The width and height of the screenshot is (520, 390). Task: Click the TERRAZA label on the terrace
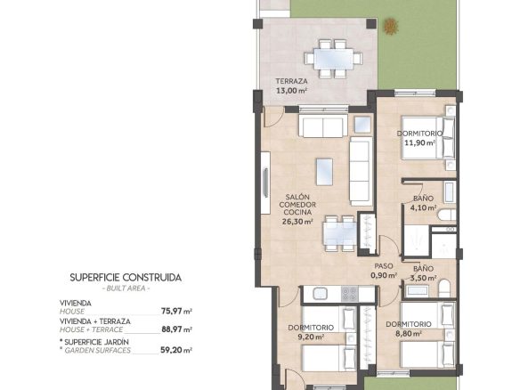click(291, 81)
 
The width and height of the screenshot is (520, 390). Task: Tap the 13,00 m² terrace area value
click(291, 90)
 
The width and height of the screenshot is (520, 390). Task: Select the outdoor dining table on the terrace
click(334, 59)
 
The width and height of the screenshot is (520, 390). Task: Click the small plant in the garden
click(391, 26)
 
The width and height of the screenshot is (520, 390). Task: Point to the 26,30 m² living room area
click(297, 222)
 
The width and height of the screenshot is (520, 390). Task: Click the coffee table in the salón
click(324, 172)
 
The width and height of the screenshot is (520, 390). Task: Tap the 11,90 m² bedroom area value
click(420, 143)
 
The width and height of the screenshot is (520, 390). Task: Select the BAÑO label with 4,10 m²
click(423, 199)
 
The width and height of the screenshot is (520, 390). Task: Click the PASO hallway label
click(384, 266)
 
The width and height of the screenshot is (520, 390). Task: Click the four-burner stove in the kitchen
click(350, 294)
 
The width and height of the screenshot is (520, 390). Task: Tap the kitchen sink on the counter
click(320, 294)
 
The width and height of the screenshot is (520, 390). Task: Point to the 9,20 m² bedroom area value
click(311, 337)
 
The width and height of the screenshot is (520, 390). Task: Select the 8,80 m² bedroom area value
click(409, 334)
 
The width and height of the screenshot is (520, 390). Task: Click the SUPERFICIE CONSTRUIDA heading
click(126, 278)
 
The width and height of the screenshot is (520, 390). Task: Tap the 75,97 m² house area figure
click(177, 312)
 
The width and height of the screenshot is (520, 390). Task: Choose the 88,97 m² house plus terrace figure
click(177, 329)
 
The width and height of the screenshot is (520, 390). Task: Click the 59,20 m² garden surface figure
click(177, 350)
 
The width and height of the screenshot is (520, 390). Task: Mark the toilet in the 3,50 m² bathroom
click(444, 288)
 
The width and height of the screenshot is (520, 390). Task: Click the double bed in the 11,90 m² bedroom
click(428, 137)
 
